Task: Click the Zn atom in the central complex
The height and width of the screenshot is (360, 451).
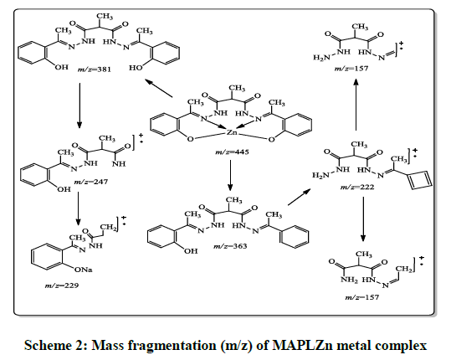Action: (232, 132)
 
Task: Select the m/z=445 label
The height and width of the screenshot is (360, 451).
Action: (232, 152)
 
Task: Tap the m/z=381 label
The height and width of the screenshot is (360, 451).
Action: (94, 69)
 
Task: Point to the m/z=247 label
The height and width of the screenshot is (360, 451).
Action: (91, 182)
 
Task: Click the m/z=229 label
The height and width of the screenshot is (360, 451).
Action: (62, 285)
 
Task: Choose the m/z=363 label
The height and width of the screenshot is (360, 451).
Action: (230, 246)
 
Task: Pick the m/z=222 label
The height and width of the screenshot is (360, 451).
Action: (357, 187)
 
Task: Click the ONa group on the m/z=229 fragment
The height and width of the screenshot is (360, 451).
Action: (84, 270)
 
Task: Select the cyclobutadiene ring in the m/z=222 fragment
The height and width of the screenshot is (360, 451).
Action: (421, 181)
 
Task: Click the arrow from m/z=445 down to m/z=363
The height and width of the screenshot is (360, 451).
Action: (230, 175)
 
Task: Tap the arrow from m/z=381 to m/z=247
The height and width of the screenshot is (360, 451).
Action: (79, 105)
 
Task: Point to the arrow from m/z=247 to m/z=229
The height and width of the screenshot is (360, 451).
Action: (78, 209)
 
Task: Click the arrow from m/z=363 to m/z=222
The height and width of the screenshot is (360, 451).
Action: (300, 197)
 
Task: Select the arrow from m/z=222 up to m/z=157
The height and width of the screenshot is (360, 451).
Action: (356, 104)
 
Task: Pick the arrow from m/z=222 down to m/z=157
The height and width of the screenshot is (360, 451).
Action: (363, 219)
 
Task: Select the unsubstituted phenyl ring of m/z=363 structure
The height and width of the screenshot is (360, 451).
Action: (294, 237)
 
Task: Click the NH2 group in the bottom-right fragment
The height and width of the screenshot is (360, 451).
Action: (349, 280)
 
